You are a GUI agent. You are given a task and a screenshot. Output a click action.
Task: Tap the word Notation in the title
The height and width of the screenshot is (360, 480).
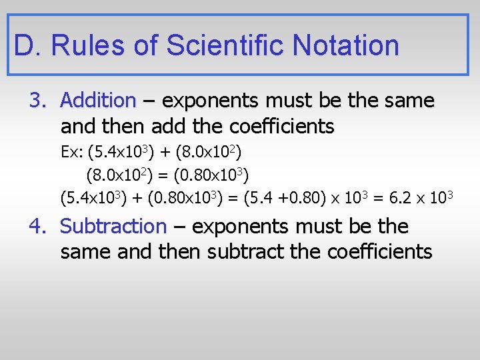click(x=345, y=45)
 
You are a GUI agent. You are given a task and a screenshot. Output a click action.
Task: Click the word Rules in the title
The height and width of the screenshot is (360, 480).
click(x=91, y=45)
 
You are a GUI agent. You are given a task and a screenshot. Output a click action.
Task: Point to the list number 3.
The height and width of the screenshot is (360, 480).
click(x=37, y=101)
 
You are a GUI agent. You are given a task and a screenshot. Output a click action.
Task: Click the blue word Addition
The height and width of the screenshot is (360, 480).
click(x=97, y=101)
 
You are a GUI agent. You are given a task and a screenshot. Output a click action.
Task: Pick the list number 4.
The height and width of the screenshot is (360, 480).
click(x=37, y=227)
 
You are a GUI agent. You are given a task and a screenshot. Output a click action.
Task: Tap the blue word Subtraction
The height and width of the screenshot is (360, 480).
click(x=113, y=227)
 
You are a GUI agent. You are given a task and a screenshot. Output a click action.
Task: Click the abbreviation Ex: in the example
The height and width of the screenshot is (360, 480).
click(x=71, y=153)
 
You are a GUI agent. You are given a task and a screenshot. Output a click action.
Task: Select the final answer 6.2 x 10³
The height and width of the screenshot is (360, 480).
click(x=424, y=197)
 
